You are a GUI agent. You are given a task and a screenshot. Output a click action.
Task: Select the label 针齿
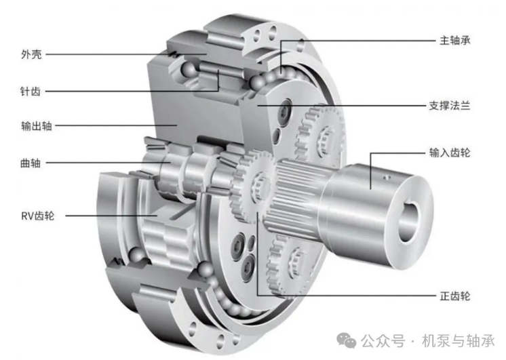32,91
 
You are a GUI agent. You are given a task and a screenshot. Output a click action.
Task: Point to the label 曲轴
32,163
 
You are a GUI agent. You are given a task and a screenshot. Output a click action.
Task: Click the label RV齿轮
38,216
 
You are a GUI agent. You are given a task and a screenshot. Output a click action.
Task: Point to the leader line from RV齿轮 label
109,216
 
